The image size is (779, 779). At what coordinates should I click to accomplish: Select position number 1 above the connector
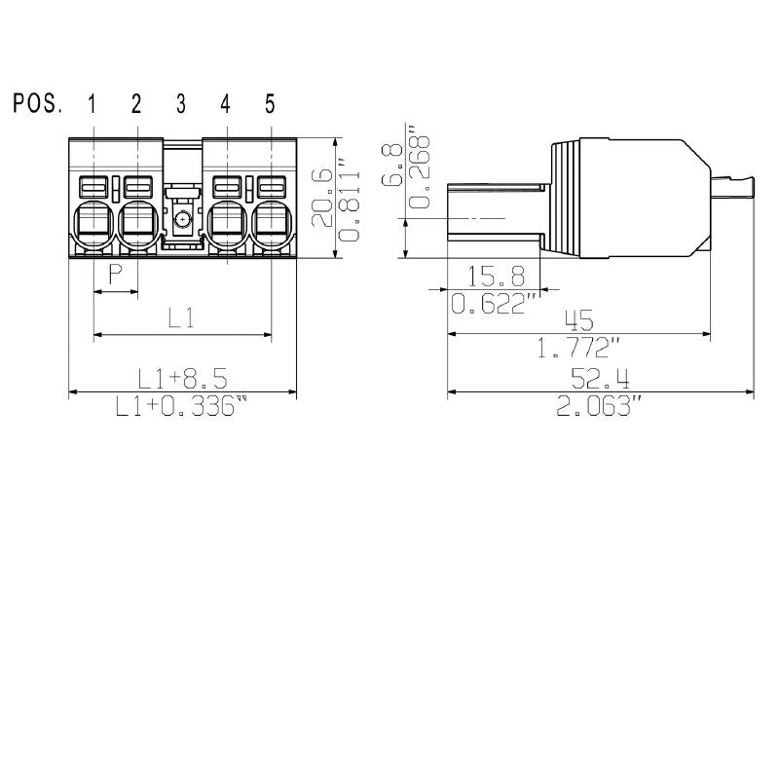point(93,104)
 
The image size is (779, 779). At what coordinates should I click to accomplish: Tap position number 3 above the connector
point(181,104)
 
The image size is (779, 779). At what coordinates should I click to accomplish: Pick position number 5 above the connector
point(270,104)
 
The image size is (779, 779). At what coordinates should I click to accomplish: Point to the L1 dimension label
point(181,317)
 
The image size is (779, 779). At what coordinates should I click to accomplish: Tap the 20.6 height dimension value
point(321,197)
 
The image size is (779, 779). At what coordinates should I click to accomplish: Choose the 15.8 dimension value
point(497,275)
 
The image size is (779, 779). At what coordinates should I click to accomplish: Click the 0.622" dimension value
point(496,305)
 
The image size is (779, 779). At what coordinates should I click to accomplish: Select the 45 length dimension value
point(579,319)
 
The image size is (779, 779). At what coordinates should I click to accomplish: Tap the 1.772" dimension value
point(579,348)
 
